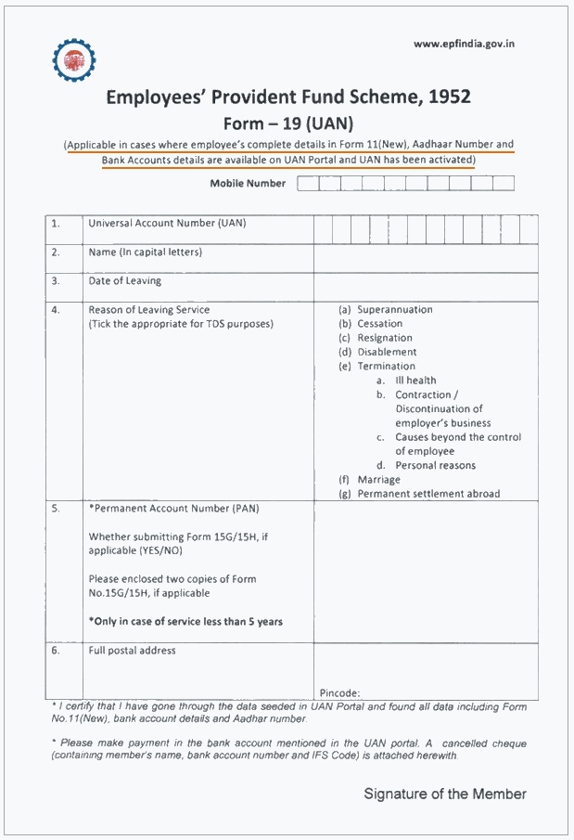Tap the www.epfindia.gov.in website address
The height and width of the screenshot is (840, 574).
464,44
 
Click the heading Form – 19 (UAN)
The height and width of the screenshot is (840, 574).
288,123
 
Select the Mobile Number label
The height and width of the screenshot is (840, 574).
248,183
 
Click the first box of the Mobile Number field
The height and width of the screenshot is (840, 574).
307,183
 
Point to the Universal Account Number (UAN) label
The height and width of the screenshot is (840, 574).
167,223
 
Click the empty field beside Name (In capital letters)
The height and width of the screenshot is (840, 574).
425,258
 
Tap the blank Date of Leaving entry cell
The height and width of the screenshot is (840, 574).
425,287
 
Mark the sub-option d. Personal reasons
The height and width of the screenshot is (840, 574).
426,465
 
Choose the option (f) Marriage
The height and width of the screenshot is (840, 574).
370,480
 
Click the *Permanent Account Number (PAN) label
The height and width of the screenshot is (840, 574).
173,508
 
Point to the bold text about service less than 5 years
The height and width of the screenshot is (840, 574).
185,621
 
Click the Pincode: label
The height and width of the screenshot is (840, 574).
339,692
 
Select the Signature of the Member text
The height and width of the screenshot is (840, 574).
445,794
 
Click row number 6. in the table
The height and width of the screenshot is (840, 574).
56,651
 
